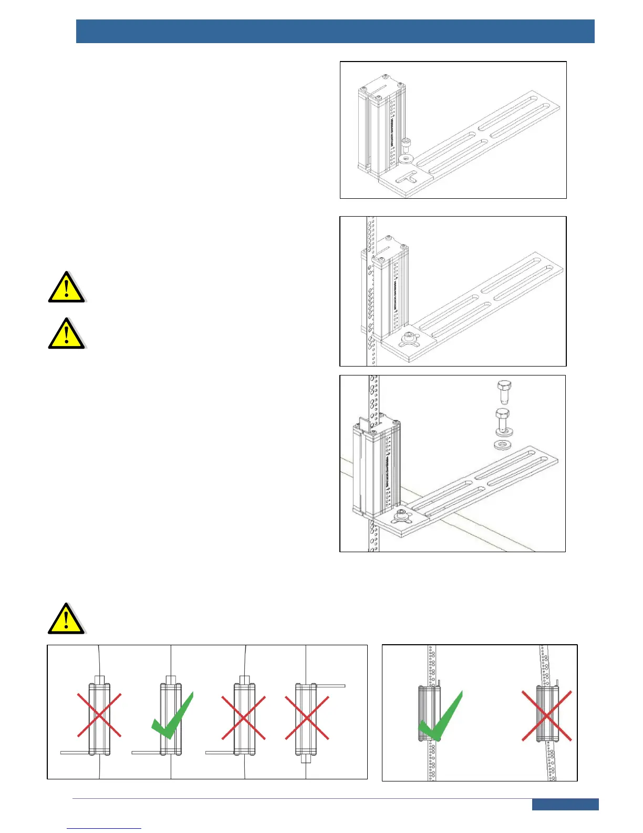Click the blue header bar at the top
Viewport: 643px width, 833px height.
pyautogui.click(x=335, y=31)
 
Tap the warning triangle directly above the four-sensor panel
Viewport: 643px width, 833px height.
pyautogui.click(x=66, y=619)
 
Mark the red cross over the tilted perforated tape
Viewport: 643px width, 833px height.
pyautogui.click(x=546, y=716)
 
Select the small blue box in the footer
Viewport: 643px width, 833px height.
pyautogui.click(x=565, y=805)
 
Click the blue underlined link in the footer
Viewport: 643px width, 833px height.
pyautogui.click(x=104, y=828)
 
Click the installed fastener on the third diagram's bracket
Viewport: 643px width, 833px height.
pyautogui.click(x=402, y=516)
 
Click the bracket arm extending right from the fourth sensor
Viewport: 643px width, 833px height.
pyautogui.click(x=331, y=686)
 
